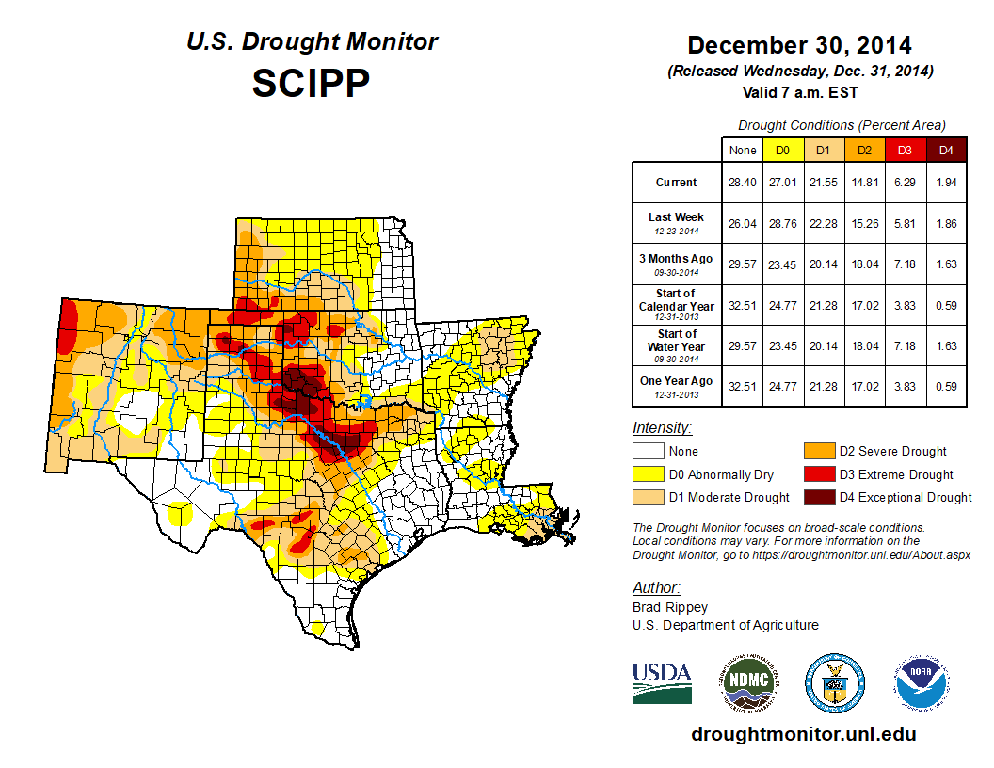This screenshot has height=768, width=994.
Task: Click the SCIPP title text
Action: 311,83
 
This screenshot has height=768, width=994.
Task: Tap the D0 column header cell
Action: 782,150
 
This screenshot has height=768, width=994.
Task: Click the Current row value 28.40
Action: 742,183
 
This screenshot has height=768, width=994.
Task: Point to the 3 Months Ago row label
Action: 676,263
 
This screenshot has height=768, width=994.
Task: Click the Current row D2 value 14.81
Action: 864,183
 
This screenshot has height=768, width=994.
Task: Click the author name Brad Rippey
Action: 670,607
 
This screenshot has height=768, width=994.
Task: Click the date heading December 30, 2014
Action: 799,45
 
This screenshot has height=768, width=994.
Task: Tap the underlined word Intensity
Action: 662,428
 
